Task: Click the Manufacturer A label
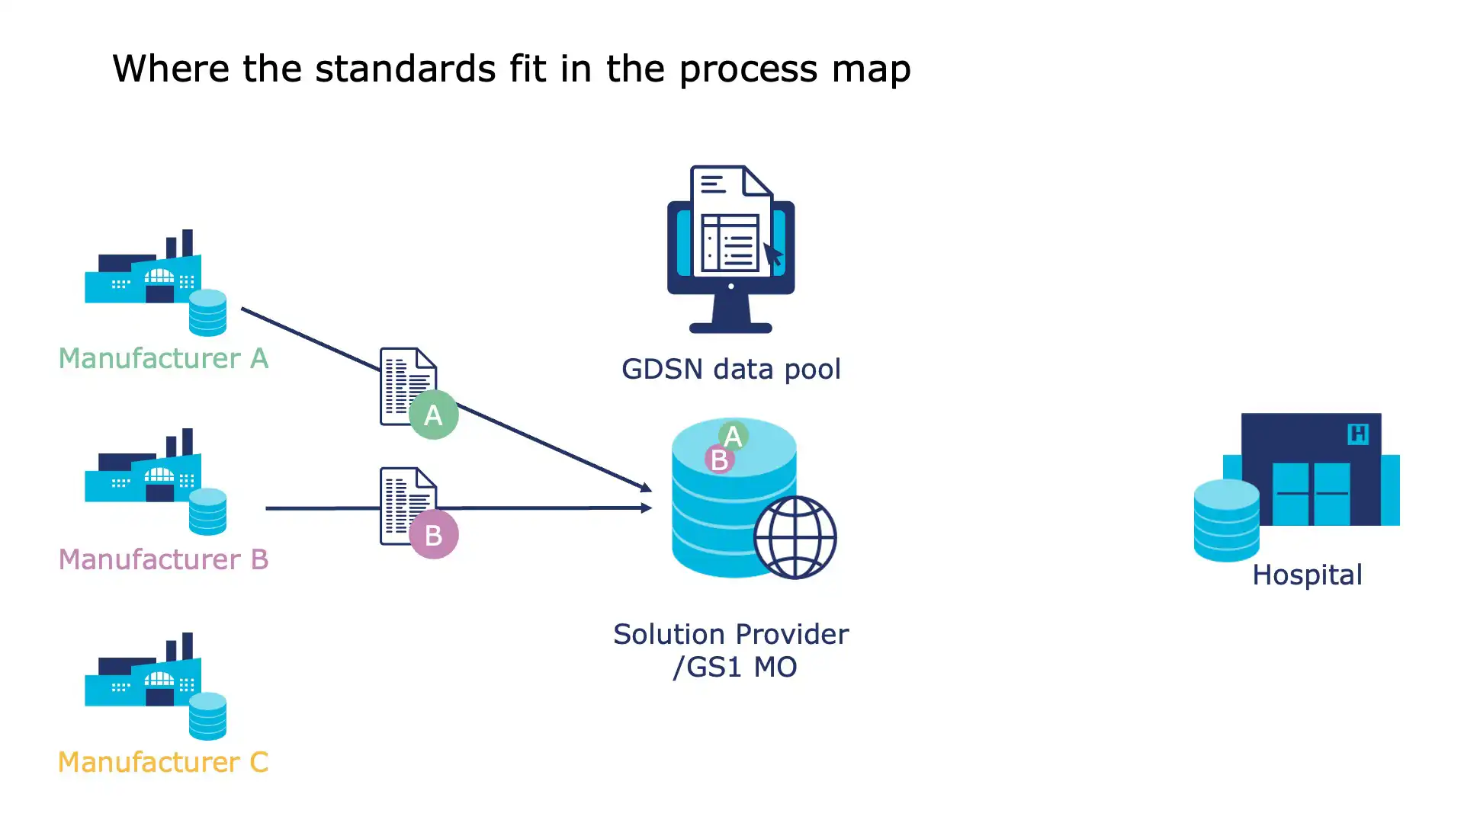(x=163, y=358)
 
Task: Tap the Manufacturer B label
(x=163, y=559)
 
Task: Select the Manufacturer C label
(x=163, y=762)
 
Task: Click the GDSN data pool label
(x=730, y=370)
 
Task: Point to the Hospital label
(x=1307, y=575)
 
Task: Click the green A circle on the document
(x=433, y=415)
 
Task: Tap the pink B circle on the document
(x=433, y=535)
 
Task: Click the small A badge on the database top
(x=733, y=437)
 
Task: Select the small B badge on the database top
(x=718, y=460)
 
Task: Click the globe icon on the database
(x=795, y=538)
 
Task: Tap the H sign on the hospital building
(x=1358, y=434)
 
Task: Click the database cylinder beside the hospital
(x=1226, y=521)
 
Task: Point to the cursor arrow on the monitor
(x=772, y=255)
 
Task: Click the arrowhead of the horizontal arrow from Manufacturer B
(x=647, y=508)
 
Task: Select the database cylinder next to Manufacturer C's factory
(x=207, y=716)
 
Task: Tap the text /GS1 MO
(x=734, y=668)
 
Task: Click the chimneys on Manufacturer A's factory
(x=180, y=244)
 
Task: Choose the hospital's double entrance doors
(x=1311, y=493)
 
